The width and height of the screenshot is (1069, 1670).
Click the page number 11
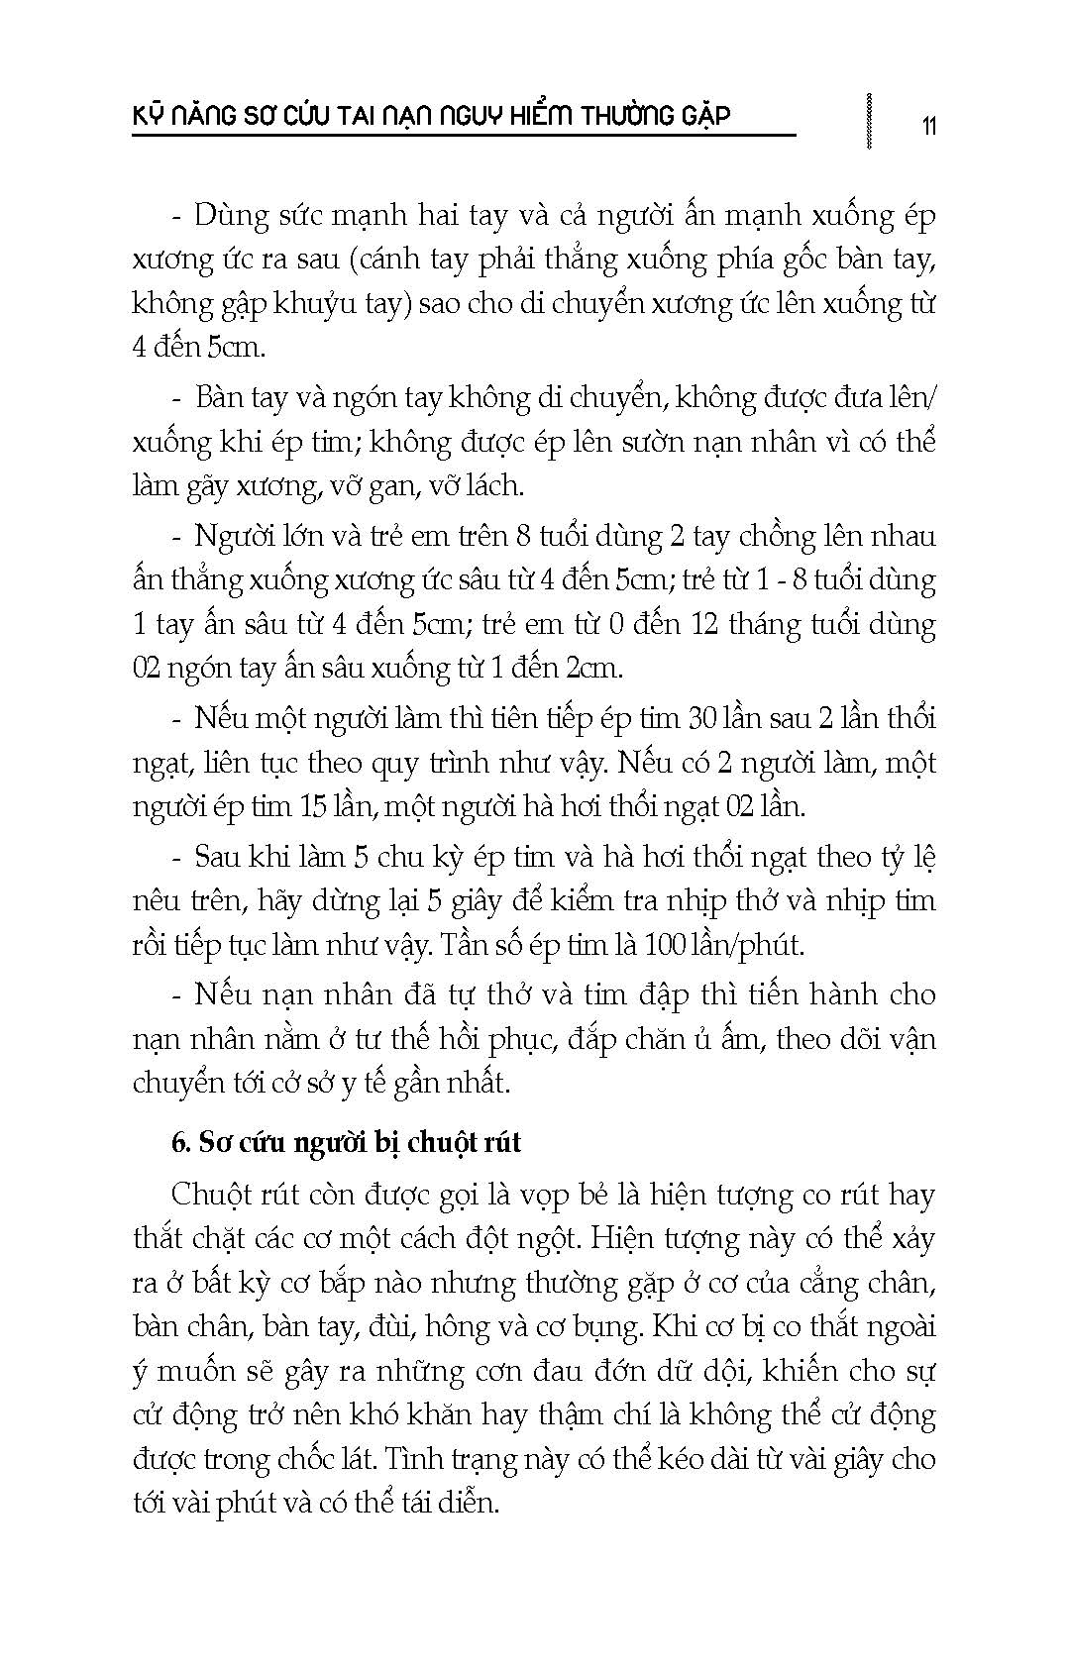point(928,126)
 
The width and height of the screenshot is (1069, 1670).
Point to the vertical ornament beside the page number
point(869,121)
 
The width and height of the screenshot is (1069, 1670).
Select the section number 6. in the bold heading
point(180,1142)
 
